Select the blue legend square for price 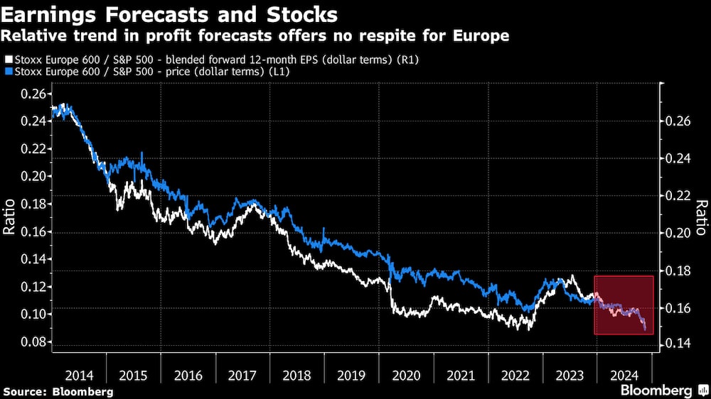8,72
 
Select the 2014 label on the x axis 78,376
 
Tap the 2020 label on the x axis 406,376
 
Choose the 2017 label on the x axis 242,376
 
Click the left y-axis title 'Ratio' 10,217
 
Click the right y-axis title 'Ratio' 701,217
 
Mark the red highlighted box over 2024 624,305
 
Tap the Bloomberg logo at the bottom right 662,390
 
